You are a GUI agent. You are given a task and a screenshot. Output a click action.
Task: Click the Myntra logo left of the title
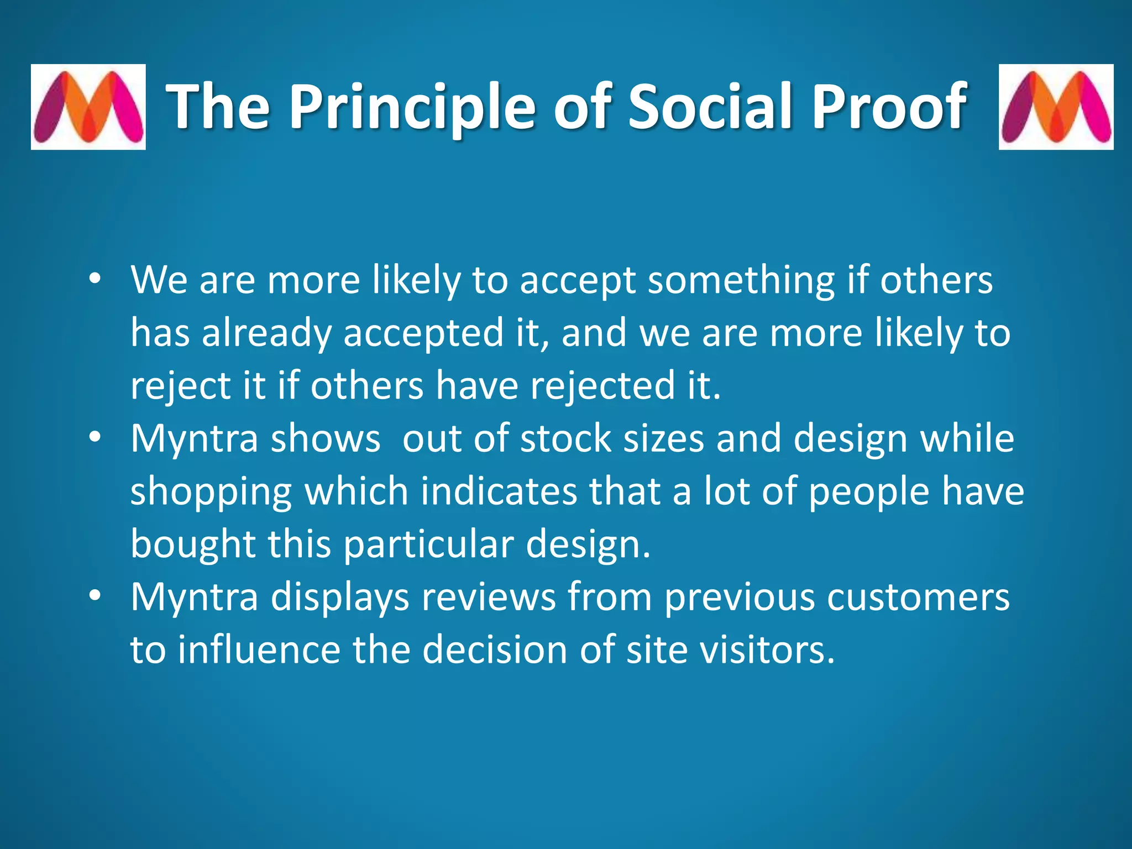tap(88, 107)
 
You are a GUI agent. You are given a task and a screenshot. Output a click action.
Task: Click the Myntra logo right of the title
tap(1056, 107)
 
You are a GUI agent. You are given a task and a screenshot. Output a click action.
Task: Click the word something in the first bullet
tap(741, 280)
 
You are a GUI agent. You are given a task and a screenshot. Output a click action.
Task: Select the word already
tap(266, 333)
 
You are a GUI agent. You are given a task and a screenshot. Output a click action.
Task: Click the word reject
tap(180, 386)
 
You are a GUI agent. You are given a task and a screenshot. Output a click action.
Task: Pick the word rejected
tap(602, 386)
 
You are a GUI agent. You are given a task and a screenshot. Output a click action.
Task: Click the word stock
tap(565, 438)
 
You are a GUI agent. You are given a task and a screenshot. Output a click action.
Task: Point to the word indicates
tap(499, 491)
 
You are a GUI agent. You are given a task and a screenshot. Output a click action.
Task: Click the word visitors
tap(766, 649)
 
